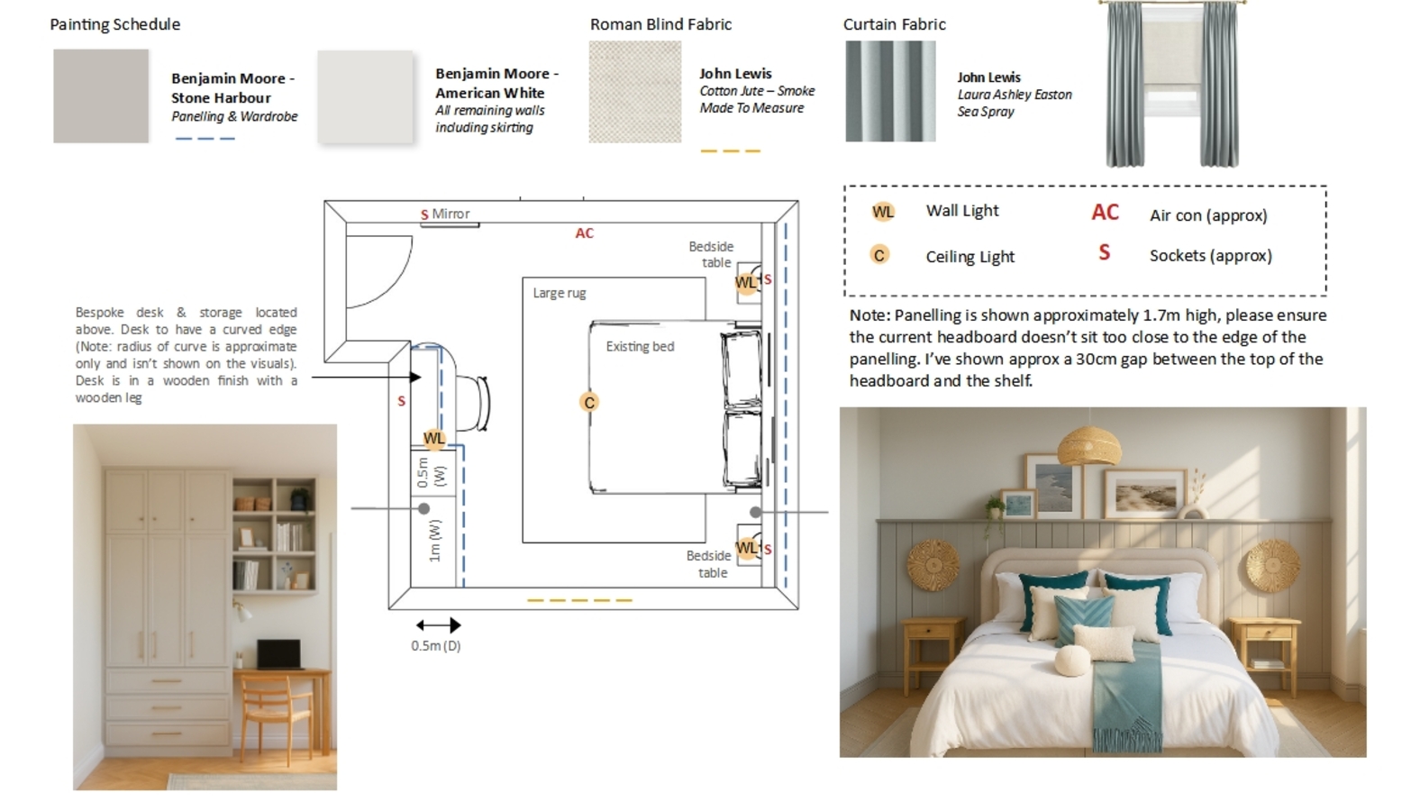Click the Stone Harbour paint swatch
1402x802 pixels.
pos(101,96)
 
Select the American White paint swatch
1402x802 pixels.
pos(365,96)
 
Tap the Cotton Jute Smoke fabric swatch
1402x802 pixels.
pos(634,92)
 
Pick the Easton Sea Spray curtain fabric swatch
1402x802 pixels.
pos(890,92)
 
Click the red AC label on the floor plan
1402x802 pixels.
pos(585,233)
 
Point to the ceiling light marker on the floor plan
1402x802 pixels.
pos(589,402)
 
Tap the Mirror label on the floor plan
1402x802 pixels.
pos(451,214)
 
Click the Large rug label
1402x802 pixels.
pos(559,293)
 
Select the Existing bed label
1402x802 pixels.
pos(640,346)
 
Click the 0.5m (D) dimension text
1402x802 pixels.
pos(436,645)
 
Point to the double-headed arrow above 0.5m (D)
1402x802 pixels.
pos(439,624)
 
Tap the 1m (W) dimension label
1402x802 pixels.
pos(435,540)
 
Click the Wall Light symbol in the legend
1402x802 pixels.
pos(883,212)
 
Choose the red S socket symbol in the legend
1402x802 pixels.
pos(1104,253)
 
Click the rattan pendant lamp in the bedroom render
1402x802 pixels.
pos(1088,446)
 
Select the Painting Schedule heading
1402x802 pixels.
pos(114,24)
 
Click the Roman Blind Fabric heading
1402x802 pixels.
pos(660,24)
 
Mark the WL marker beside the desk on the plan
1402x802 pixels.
pos(434,438)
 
